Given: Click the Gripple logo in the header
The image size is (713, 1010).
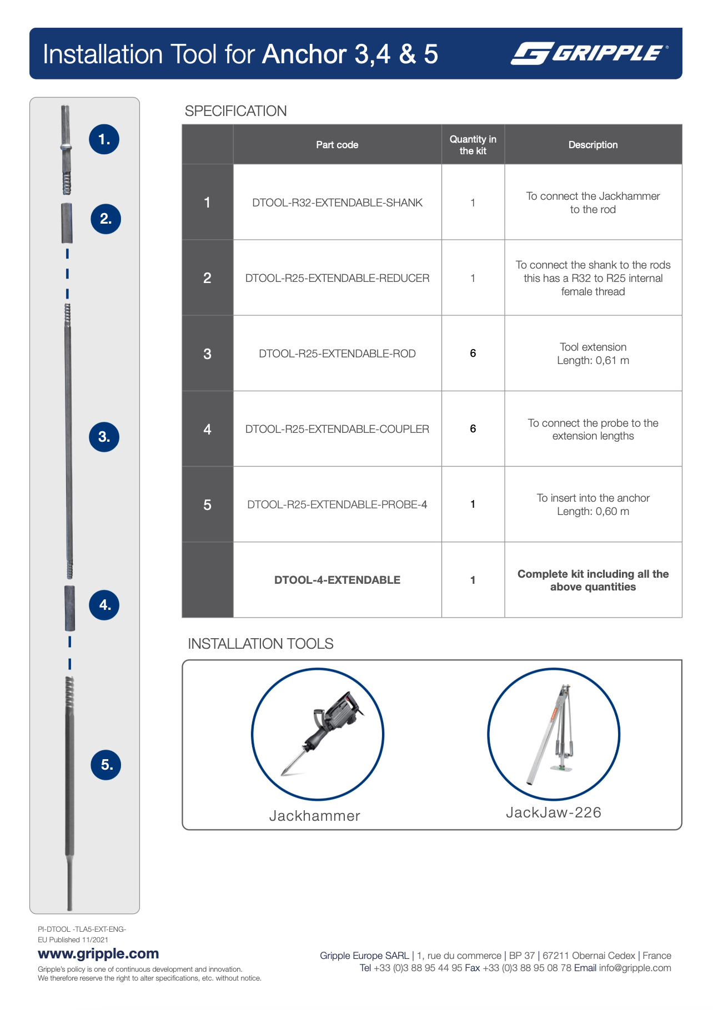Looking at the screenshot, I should pyautogui.click(x=589, y=53).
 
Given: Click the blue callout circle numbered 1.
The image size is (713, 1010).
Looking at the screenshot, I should pyautogui.click(x=104, y=139).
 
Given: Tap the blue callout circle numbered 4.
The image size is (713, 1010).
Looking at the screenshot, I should pyautogui.click(x=104, y=605).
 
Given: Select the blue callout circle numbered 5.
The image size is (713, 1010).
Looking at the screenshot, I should pyautogui.click(x=106, y=765).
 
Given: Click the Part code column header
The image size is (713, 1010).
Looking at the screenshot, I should pyautogui.click(x=337, y=145).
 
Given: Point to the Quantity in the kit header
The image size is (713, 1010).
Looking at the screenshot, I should pyautogui.click(x=473, y=145).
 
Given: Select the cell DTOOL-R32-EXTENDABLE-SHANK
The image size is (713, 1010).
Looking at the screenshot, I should pyautogui.click(x=337, y=203).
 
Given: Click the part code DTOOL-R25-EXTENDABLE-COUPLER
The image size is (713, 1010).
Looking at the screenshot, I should pyautogui.click(x=337, y=429).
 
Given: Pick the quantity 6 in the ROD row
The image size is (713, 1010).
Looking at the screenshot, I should pyautogui.click(x=473, y=353).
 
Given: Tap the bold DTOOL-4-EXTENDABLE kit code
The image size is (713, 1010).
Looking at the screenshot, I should pyautogui.click(x=337, y=580).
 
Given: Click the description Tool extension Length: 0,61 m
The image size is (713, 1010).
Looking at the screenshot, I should pyautogui.click(x=593, y=353).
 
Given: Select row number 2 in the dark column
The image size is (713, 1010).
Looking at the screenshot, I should pyautogui.click(x=207, y=278).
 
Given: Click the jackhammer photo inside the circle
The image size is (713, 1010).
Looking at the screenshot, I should pyautogui.click(x=318, y=734).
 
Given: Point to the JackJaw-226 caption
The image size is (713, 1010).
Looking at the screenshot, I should pyautogui.click(x=554, y=812).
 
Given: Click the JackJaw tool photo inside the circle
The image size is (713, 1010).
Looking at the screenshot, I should pyautogui.click(x=554, y=734).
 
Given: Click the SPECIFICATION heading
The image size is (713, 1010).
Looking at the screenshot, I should pyautogui.click(x=235, y=111).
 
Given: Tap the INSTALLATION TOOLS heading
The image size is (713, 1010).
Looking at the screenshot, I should pyautogui.click(x=260, y=644).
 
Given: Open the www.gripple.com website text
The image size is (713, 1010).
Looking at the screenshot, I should pyautogui.click(x=98, y=953).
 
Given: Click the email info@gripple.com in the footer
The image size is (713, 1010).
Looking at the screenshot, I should pyautogui.click(x=635, y=968).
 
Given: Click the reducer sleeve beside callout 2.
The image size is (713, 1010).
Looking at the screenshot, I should pyautogui.click(x=67, y=223).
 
